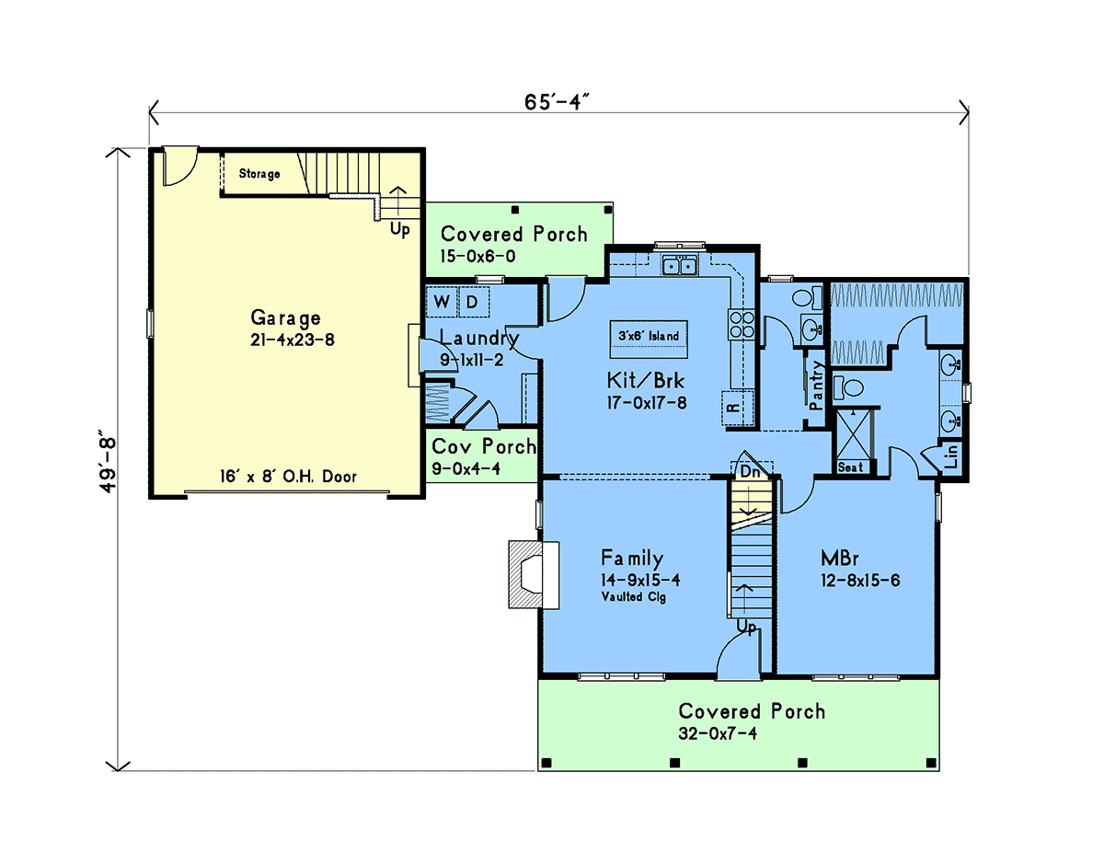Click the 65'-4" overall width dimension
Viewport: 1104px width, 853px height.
point(557,102)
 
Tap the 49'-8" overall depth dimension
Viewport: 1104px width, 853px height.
point(108,466)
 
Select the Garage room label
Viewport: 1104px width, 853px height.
point(285,318)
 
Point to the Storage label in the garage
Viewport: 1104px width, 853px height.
point(259,174)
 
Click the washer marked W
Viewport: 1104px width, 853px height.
point(443,302)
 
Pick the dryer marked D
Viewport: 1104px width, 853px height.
point(474,302)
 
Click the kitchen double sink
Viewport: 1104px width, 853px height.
point(679,265)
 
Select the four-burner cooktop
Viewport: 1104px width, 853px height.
point(742,325)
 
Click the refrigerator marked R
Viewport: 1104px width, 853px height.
point(738,408)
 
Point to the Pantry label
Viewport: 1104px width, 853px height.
point(816,386)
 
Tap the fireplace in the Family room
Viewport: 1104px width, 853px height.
point(534,574)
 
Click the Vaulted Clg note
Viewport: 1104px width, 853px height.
point(634,596)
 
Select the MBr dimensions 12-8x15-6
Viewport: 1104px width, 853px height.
point(860,581)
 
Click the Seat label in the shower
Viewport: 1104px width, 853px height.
point(850,467)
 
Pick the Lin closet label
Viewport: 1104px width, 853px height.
point(951,456)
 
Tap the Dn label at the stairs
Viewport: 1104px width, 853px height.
point(751,472)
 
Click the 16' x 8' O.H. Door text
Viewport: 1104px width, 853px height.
point(288,477)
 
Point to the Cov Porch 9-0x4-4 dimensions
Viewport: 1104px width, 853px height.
point(466,468)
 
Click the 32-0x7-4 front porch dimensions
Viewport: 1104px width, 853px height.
point(718,733)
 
